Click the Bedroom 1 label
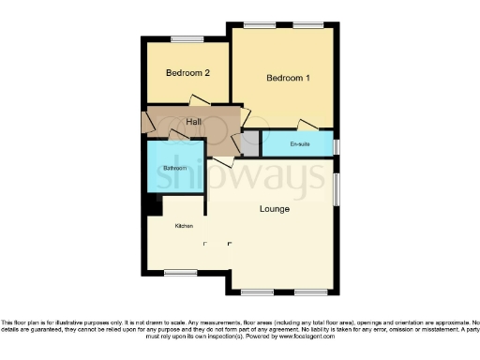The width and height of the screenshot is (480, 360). (288, 78)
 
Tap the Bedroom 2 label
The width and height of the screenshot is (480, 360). (187, 73)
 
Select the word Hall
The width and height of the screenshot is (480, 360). (194, 123)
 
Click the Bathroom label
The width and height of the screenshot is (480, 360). (175, 169)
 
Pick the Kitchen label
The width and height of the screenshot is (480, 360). (184, 226)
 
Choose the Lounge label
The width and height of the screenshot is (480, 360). (274, 208)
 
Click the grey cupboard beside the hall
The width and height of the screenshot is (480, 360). (250, 143)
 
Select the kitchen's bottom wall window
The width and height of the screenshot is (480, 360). (175, 273)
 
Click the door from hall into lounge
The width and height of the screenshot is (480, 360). (223, 161)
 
